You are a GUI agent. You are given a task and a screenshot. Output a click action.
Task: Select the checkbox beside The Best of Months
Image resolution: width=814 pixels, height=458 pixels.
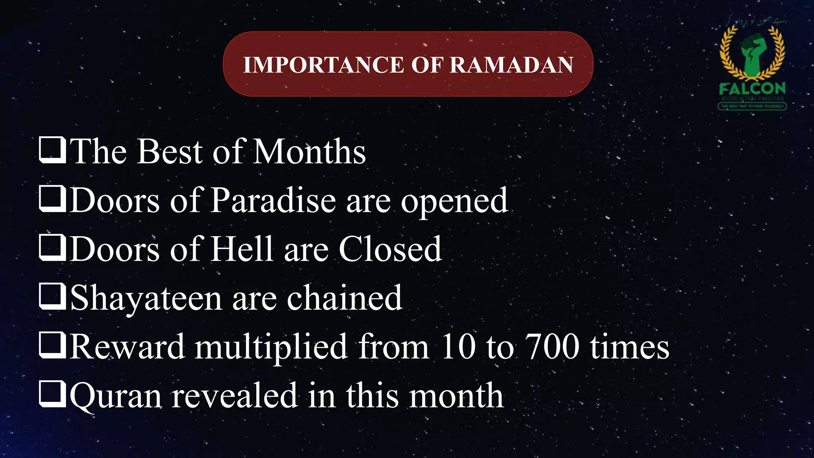point(52,150)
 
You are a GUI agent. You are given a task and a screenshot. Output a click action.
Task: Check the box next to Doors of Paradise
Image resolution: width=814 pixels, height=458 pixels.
point(52,199)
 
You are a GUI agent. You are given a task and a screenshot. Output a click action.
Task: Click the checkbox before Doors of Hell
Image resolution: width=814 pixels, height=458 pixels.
point(52,248)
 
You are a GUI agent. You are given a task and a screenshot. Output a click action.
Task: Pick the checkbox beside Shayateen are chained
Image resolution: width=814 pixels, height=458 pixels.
point(52,297)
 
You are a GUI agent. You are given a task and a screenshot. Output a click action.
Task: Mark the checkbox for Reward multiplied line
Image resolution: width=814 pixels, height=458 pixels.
point(52,345)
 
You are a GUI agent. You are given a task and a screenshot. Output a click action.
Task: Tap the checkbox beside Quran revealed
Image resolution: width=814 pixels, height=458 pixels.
point(52,394)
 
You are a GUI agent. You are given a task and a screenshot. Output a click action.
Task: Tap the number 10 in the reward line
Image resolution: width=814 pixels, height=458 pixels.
point(458,347)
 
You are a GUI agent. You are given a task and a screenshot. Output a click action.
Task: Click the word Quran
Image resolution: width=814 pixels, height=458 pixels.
point(116,396)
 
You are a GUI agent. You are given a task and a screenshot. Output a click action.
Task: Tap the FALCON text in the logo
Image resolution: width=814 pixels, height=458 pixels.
point(752,88)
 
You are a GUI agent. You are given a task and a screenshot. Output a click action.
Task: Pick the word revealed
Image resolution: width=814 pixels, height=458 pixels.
point(235,396)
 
